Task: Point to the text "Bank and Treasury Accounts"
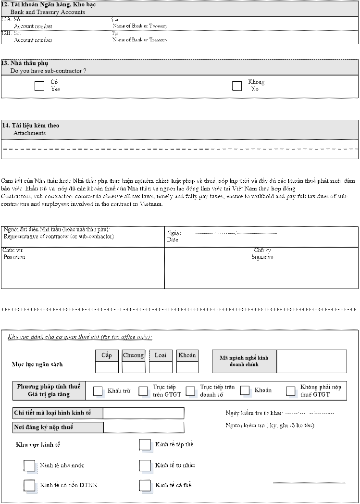tap(48, 12)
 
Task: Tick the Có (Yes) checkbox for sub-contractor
tap(40, 86)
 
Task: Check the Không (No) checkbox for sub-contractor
tap(237, 86)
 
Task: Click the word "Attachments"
tap(29, 133)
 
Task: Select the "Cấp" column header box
tap(107, 355)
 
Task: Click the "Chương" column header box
tap(134, 355)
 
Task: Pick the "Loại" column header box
tap(161, 355)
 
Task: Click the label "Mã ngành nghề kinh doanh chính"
tap(244, 361)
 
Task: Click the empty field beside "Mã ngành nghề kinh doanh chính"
tap(311, 361)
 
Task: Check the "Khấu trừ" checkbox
tap(98, 391)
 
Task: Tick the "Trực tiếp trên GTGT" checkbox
tap(143, 391)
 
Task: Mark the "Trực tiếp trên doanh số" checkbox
tap(191, 391)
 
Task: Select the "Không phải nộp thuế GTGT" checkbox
tap(291, 391)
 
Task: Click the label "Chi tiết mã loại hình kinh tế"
tap(58, 413)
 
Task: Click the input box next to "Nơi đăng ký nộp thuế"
tap(143, 427)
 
